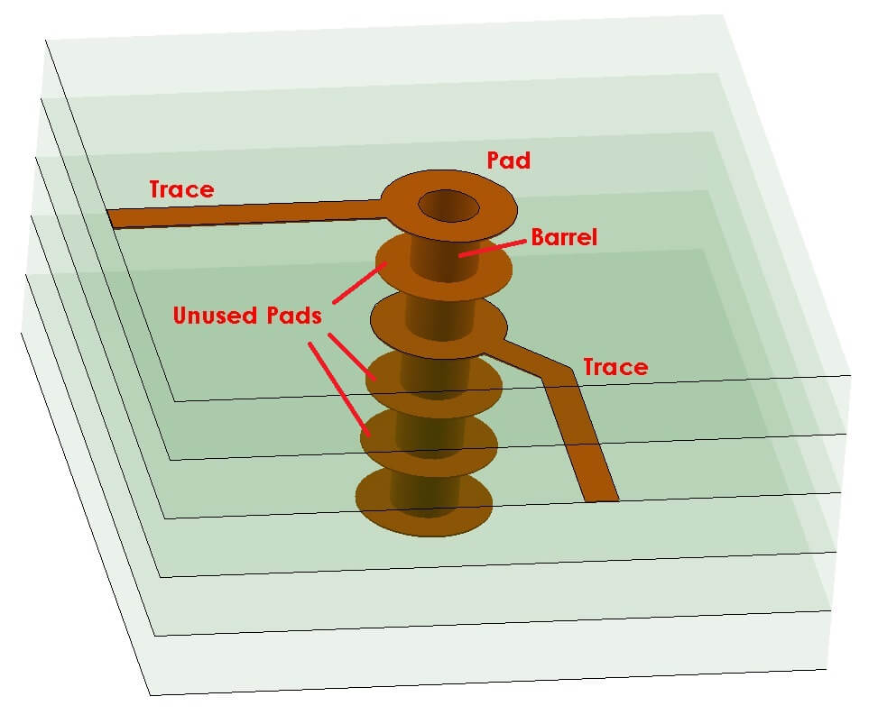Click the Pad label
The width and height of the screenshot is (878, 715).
pos(508,161)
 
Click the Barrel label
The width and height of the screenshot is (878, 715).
pos(565,238)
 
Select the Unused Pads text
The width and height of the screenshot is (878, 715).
pos(245,316)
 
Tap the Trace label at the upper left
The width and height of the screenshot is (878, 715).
pos(181,189)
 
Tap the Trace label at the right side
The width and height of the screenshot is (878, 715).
pos(615,367)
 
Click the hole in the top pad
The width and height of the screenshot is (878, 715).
pos(448,206)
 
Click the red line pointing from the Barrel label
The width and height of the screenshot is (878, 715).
pos(494,248)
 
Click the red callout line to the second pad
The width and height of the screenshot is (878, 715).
pos(359,283)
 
